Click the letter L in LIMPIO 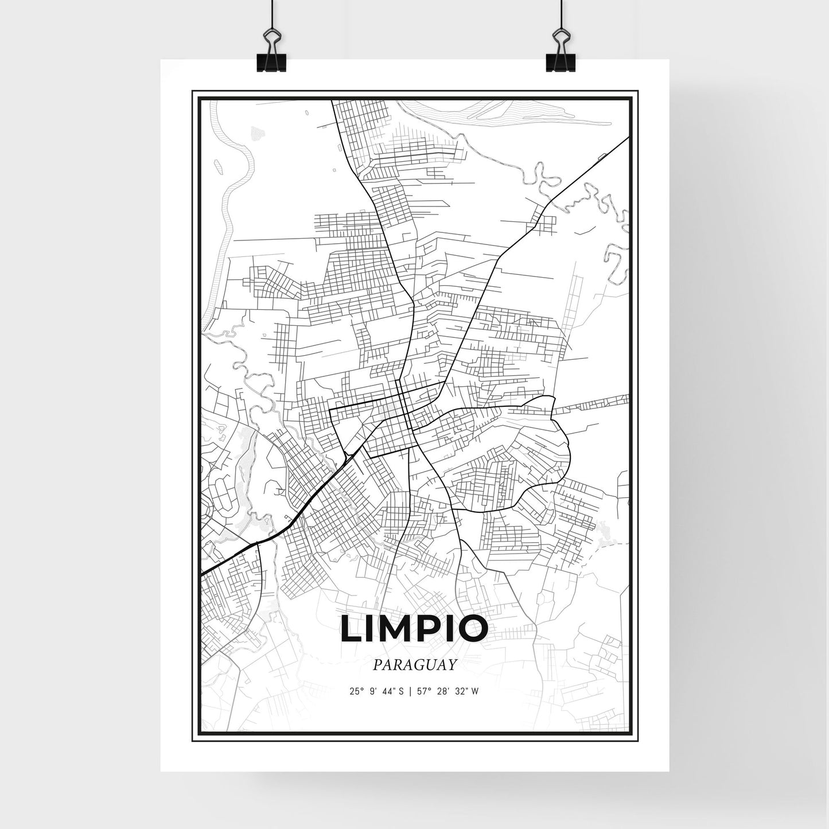point(351,629)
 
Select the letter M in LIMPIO point(395,629)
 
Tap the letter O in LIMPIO point(472,629)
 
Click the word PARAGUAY point(414,665)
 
